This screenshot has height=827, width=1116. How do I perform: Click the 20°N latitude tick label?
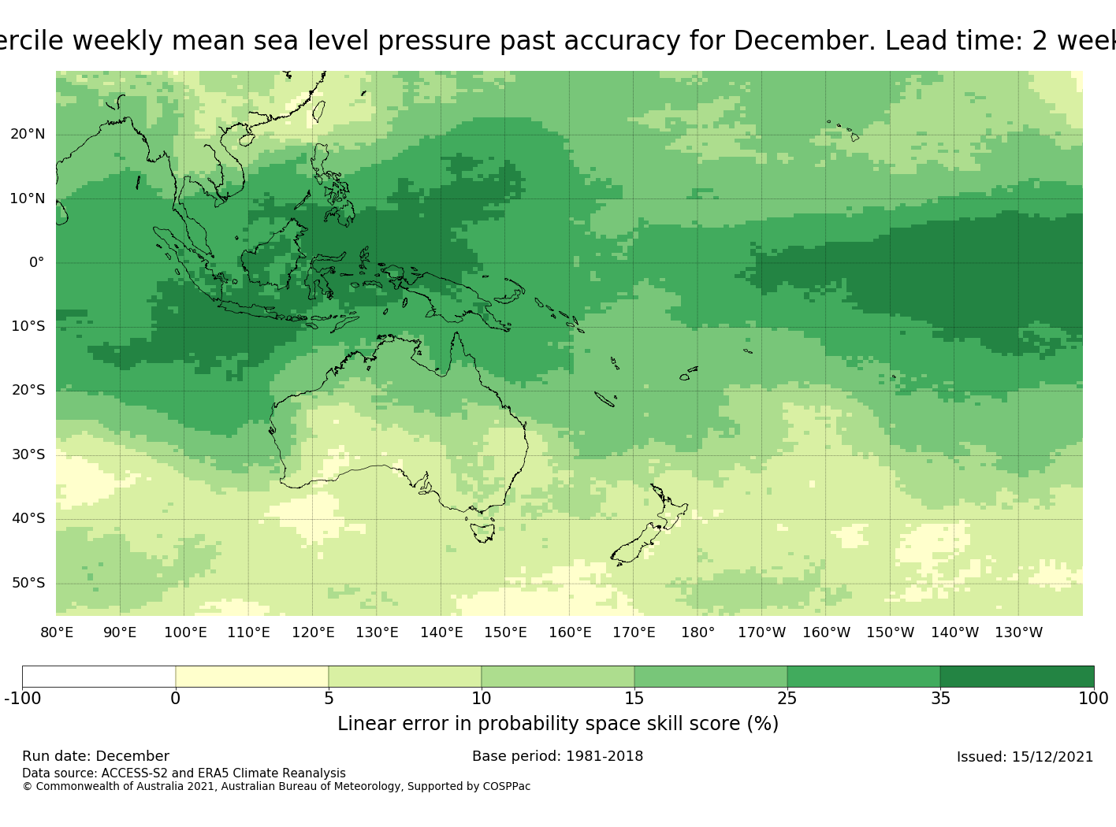click(x=28, y=134)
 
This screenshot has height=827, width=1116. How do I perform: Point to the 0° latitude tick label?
click(x=37, y=262)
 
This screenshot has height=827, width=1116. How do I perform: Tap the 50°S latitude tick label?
click(x=28, y=583)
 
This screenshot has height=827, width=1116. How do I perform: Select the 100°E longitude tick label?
click(x=185, y=632)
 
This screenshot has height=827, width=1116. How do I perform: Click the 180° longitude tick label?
click(x=697, y=632)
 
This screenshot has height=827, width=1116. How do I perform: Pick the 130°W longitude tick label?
click(x=1018, y=632)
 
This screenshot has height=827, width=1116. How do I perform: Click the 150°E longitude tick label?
click(x=505, y=632)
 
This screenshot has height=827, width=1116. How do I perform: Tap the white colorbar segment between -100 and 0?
click(x=99, y=677)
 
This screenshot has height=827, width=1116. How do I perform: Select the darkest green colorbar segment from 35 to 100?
click(x=1017, y=677)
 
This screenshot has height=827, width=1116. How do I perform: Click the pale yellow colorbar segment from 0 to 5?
click(x=251, y=677)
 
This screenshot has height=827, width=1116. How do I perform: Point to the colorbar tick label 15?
click(x=634, y=699)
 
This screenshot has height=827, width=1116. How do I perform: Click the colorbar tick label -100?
click(x=22, y=699)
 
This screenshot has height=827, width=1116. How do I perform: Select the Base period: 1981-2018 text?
click(x=557, y=756)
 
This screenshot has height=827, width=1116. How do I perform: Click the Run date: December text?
click(x=95, y=756)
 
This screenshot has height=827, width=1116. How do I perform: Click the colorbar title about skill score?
click(x=557, y=724)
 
